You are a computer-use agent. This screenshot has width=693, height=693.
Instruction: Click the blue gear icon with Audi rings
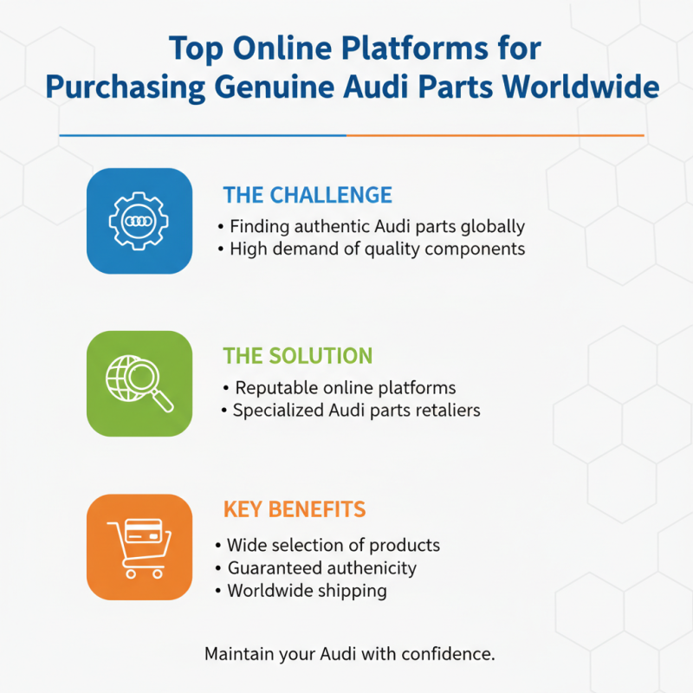(139, 221)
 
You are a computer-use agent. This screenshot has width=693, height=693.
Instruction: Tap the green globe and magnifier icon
(139, 384)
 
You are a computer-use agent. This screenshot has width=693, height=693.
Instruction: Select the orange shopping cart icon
(139, 547)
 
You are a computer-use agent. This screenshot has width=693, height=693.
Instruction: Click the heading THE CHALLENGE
(308, 195)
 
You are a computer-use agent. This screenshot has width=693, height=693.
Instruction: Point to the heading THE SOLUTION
(298, 356)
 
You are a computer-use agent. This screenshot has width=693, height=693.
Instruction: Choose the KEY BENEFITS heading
(295, 509)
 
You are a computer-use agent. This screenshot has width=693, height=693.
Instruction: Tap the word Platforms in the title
(415, 48)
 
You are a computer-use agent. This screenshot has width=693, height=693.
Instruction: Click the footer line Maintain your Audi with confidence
(350, 654)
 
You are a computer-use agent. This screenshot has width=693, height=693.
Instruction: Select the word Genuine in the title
(275, 87)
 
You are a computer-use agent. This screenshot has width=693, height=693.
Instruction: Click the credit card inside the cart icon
(144, 530)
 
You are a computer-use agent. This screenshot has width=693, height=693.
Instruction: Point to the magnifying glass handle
(163, 401)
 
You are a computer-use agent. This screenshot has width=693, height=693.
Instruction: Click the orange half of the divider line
(495, 135)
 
